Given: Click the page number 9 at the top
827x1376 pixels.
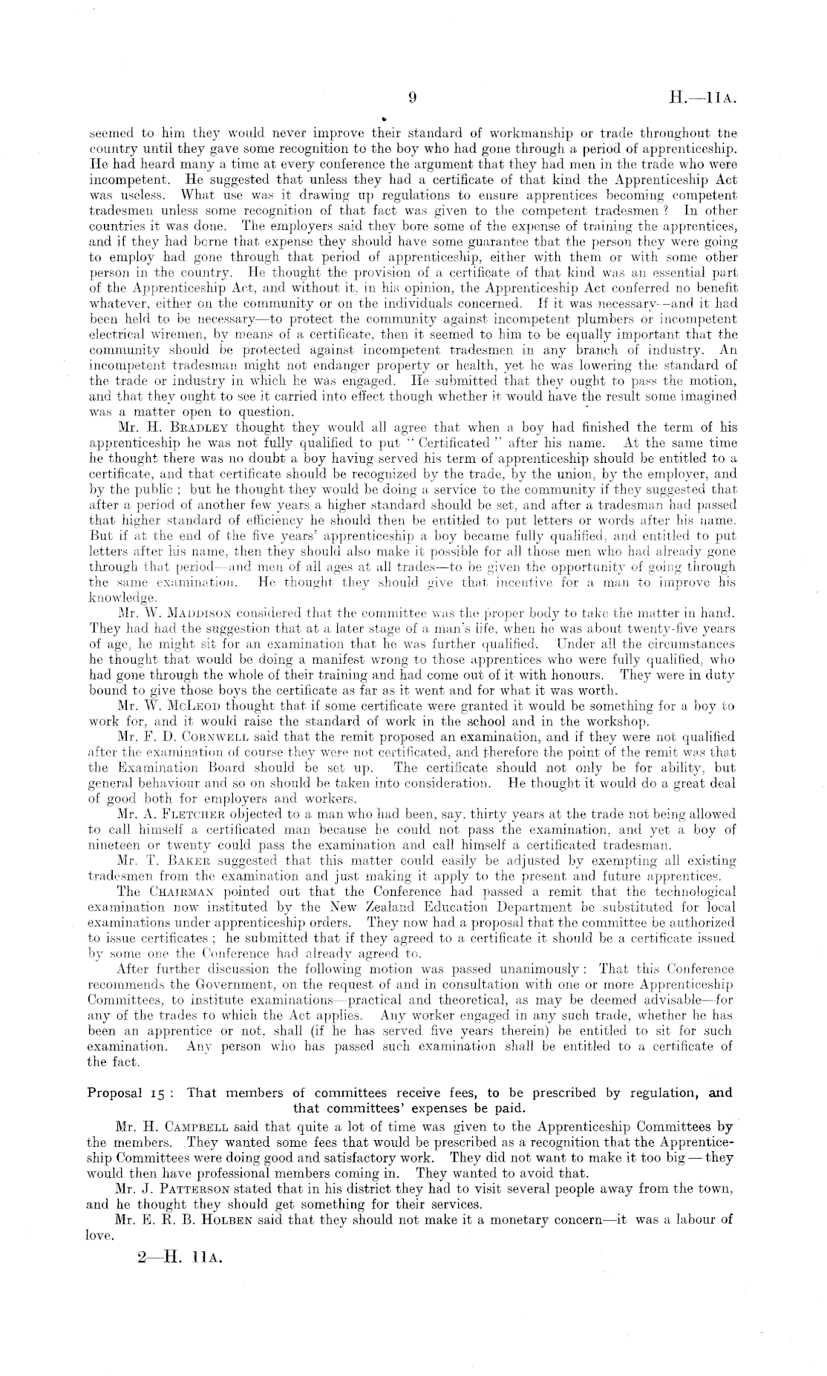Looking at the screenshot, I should [413, 97].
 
